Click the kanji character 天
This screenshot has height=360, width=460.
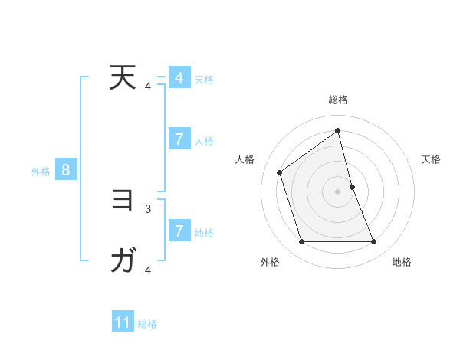(x=122, y=78)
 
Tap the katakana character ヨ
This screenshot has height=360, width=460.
(x=123, y=201)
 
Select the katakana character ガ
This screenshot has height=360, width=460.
(x=123, y=261)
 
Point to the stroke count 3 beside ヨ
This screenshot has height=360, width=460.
(x=148, y=208)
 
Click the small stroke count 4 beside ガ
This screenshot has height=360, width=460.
(x=148, y=270)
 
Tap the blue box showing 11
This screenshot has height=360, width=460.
(x=123, y=322)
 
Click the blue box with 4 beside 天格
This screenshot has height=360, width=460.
(x=179, y=78)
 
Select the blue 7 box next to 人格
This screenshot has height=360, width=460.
(x=179, y=139)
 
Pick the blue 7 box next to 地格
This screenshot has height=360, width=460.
(x=179, y=231)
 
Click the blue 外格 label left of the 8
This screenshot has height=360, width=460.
(x=41, y=172)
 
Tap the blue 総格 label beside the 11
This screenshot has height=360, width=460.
(x=147, y=324)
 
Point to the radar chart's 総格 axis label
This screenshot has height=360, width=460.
(x=337, y=100)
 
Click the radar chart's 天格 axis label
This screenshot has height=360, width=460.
(x=431, y=159)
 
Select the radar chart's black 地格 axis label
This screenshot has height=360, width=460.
(x=402, y=262)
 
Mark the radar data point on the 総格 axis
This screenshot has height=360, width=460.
(x=337, y=130)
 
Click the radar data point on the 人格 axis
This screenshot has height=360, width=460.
(x=280, y=172)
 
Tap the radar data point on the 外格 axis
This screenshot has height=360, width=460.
(x=301, y=242)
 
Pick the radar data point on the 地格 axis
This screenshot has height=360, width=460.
(x=373, y=242)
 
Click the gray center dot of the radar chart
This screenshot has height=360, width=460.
(x=337, y=191)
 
